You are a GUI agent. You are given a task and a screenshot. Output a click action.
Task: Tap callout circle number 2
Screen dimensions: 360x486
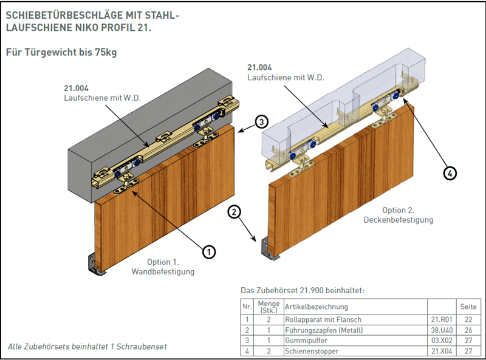pos(234,212)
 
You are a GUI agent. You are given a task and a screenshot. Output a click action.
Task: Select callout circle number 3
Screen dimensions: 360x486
pos(261,121)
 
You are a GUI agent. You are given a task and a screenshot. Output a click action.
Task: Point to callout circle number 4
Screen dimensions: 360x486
pos(450,173)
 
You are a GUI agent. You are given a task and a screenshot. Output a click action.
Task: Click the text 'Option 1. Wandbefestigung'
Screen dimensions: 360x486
pos(163,267)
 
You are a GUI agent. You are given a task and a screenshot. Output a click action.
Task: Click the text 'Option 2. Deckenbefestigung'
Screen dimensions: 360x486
pos(398,215)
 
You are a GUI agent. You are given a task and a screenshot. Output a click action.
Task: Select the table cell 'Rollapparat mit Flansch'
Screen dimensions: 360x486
pos(323,319)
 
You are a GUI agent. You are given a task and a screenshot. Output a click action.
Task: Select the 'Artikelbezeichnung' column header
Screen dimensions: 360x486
pos(317,307)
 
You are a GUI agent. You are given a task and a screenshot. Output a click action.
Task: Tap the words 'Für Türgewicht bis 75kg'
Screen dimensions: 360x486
pos(61,52)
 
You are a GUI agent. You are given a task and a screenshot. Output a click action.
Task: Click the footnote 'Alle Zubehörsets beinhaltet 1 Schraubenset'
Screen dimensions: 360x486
pos(87,347)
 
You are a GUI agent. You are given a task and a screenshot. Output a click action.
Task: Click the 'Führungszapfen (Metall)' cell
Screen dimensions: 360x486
pos(324,330)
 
